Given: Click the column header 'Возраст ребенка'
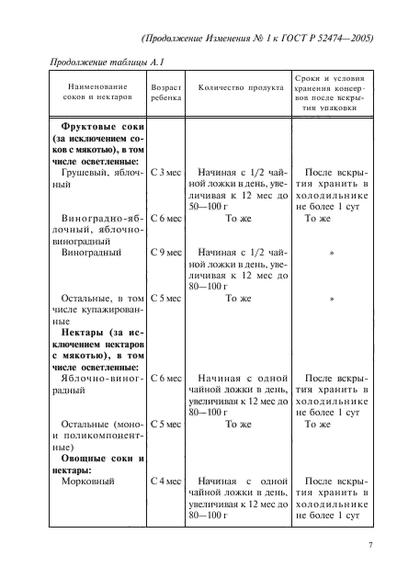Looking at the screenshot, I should pyautogui.click(x=165, y=89).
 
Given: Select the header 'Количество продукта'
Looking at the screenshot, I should pyautogui.click(x=238, y=89).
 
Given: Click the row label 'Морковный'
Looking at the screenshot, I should pyautogui.click(x=87, y=480).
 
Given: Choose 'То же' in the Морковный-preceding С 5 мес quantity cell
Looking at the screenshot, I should pyautogui.click(x=238, y=425).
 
